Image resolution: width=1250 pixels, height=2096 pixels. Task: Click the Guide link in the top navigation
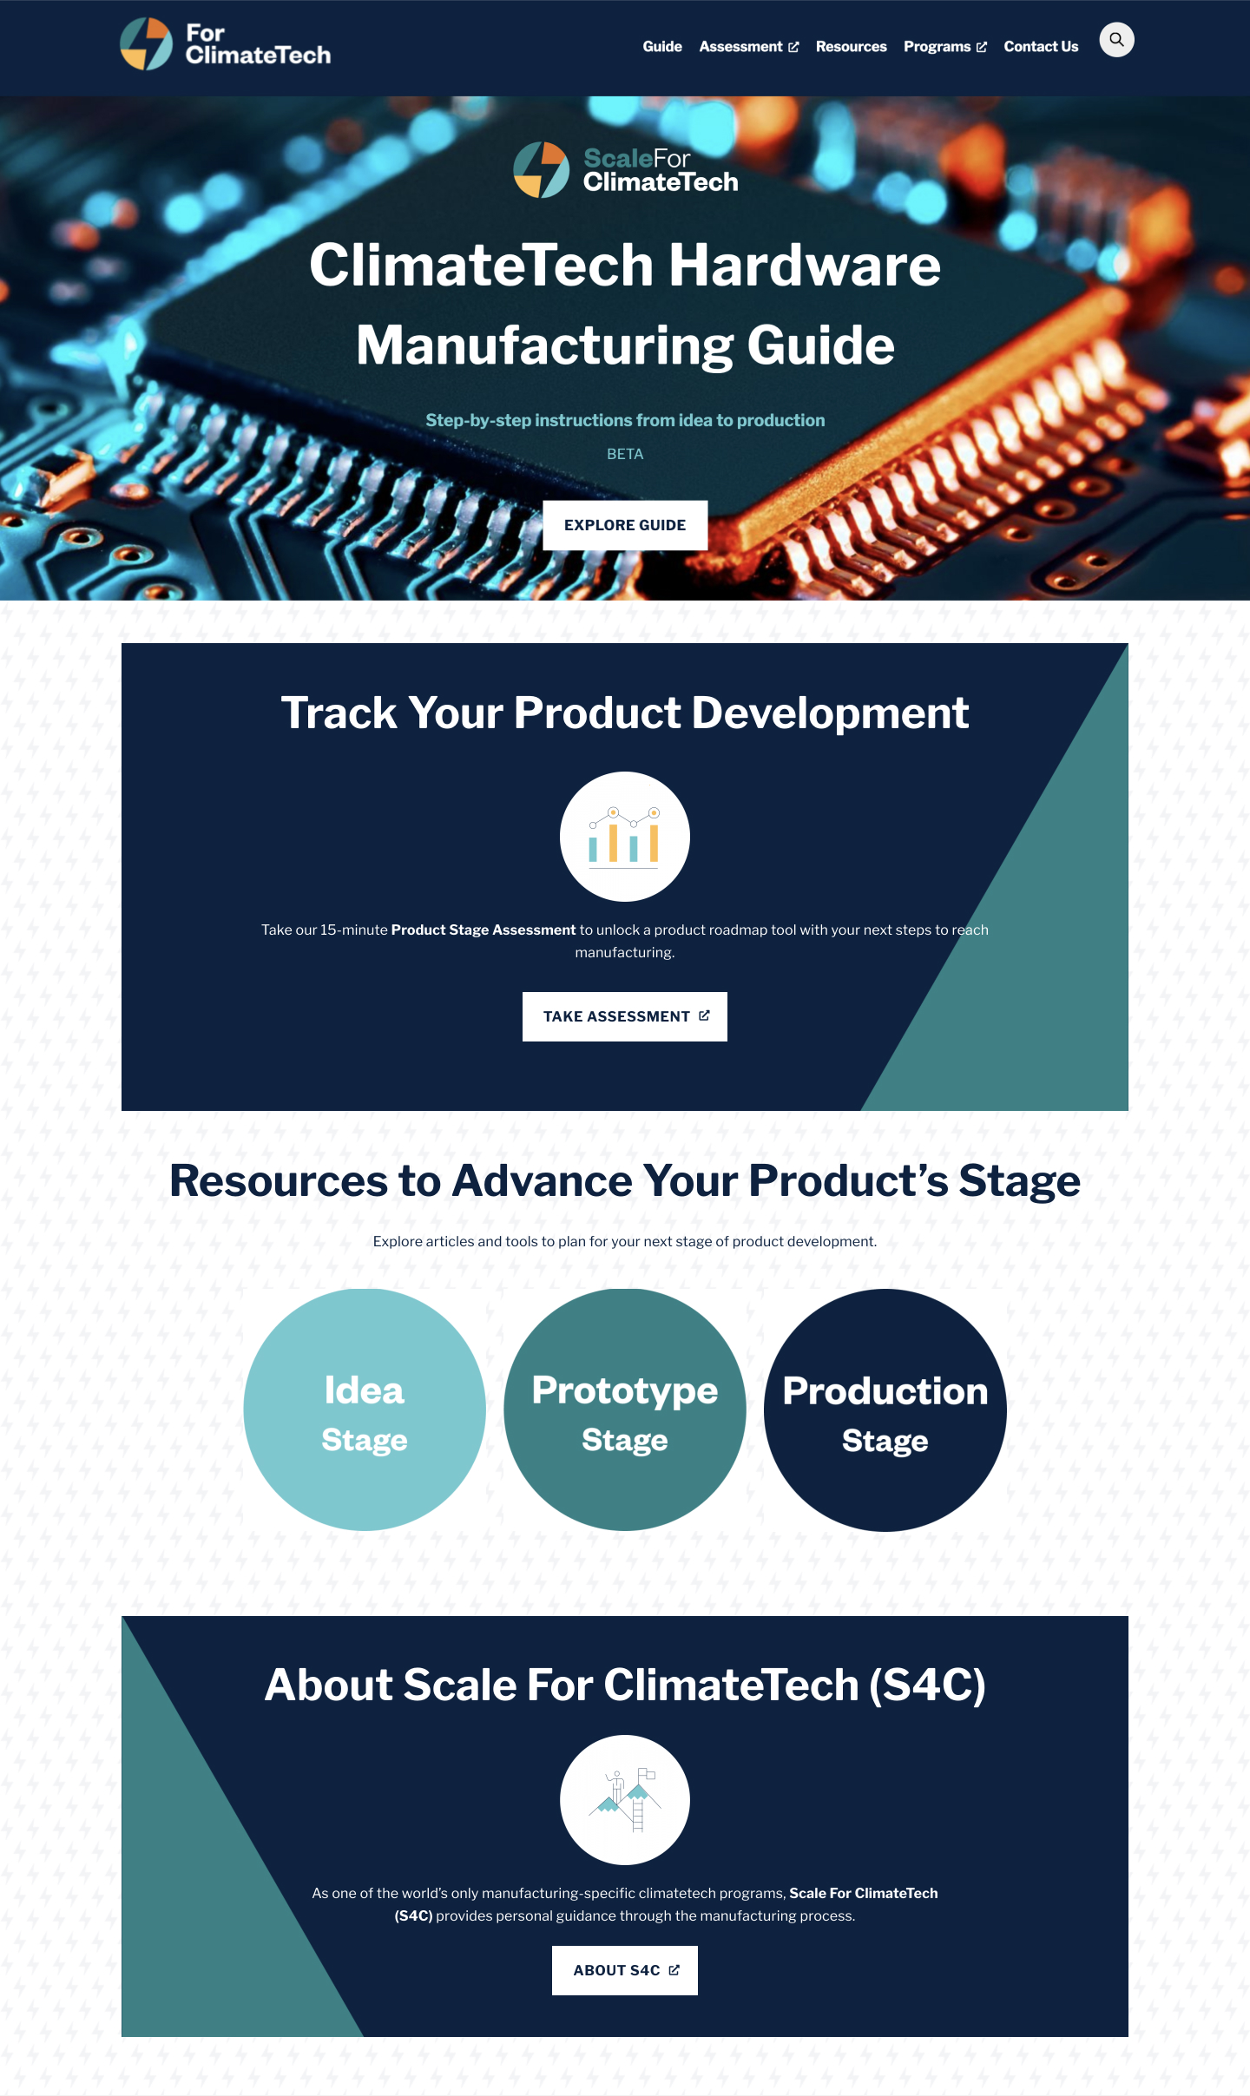pos(661,47)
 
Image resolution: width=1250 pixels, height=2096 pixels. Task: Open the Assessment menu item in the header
pos(748,47)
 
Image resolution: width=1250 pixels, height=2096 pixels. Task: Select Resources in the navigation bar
pos(851,47)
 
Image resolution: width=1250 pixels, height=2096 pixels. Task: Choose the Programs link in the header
pos(944,47)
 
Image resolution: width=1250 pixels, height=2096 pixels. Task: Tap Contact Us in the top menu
pos(1041,47)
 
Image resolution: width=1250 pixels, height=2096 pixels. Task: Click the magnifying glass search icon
pos(1116,40)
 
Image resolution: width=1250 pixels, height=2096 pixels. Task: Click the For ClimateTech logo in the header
pos(226,44)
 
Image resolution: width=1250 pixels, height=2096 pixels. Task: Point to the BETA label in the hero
pos(625,454)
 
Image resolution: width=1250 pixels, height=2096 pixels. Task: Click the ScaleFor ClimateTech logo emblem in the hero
pos(541,170)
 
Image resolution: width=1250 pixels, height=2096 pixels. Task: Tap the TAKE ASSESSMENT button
pos(625,1016)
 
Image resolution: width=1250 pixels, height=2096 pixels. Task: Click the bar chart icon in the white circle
pos(625,837)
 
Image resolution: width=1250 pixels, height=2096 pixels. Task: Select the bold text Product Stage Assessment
pos(484,930)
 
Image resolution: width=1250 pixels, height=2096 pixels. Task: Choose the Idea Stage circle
pos(365,1410)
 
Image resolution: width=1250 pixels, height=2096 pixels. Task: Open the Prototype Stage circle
pos(625,1410)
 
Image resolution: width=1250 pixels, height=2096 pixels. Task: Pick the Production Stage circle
pos(885,1410)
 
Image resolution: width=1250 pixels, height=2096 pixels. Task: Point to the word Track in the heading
pos(339,713)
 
